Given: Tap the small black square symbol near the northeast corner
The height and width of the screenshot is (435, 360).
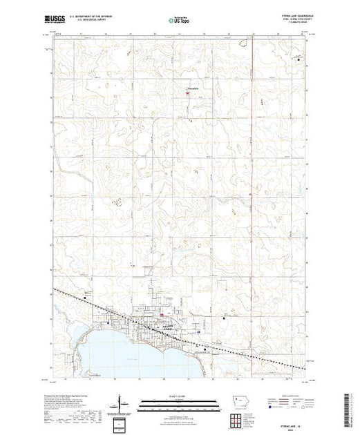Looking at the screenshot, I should pos(298,60).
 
